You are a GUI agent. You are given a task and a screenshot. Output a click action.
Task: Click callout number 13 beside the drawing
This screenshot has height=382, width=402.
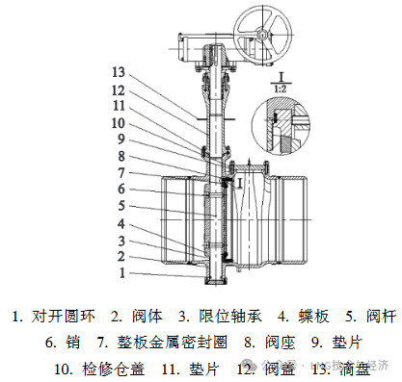point(119,71)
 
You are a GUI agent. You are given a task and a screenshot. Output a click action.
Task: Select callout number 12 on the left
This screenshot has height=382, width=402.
point(119,89)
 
